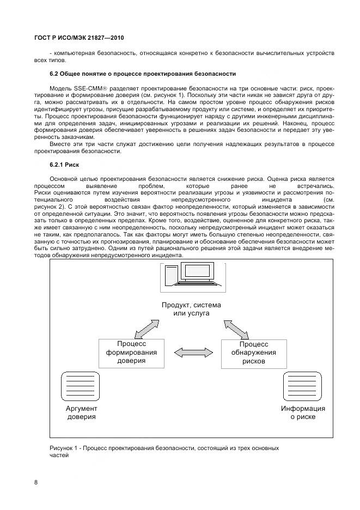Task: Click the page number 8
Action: click(35, 482)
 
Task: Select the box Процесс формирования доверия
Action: click(131, 353)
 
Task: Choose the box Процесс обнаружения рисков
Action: click(254, 353)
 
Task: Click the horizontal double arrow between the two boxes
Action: click(193, 353)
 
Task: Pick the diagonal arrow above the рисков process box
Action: click(234, 329)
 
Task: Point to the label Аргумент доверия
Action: click(81, 412)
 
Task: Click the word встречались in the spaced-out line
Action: click(316, 186)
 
